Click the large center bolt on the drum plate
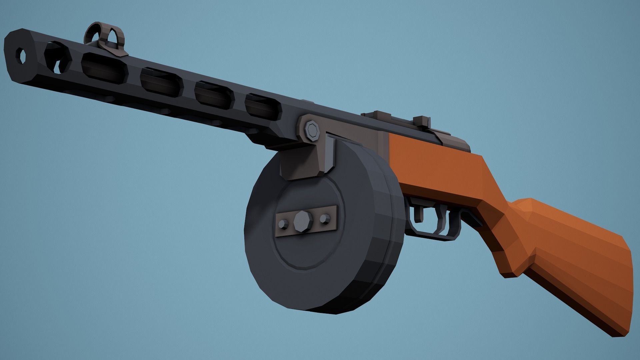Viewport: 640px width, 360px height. tap(302, 222)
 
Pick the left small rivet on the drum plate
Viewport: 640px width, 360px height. tap(284, 224)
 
